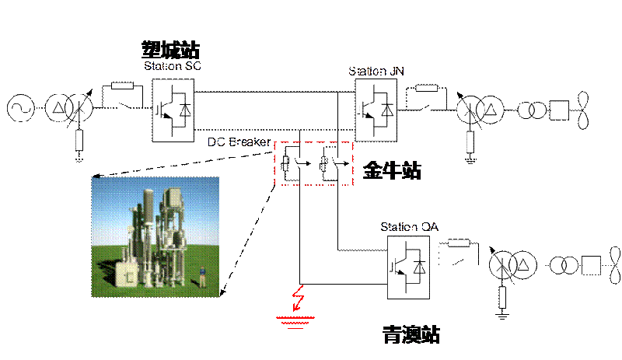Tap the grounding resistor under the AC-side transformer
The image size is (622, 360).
click(79, 141)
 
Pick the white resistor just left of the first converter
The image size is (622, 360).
click(123, 86)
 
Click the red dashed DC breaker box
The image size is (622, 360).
click(313, 164)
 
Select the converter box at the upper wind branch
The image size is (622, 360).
click(376, 108)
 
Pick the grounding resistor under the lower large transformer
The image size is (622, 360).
click(501, 296)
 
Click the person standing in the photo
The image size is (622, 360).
click(203, 275)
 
